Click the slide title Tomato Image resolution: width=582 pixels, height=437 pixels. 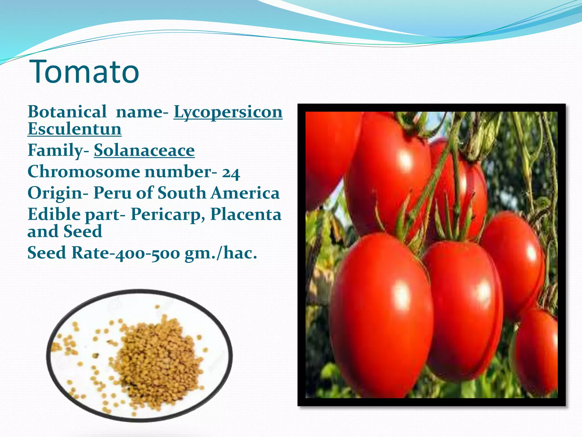(84, 72)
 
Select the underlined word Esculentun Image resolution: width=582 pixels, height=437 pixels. (74, 129)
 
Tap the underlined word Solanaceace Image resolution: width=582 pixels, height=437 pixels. (144, 151)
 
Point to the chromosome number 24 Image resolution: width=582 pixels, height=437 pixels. (231, 173)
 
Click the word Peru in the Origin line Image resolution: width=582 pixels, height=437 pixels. (113, 193)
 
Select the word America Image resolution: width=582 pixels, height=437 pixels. (245, 193)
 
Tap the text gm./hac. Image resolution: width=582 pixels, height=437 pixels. (221, 253)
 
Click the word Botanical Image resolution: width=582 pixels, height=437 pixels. (67, 112)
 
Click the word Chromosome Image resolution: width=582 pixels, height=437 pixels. (84, 172)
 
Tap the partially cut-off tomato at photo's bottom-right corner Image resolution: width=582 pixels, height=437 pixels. (537, 353)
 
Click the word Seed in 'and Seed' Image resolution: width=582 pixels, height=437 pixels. (82, 231)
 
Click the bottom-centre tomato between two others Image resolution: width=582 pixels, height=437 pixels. (463, 310)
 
